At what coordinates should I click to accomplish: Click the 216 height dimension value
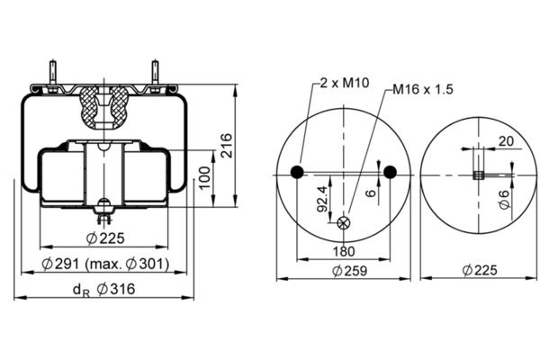[226, 145]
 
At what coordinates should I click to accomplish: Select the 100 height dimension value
[205, 177]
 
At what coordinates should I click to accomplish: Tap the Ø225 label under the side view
[105, 238]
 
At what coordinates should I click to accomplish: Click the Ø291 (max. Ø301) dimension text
[105, 264]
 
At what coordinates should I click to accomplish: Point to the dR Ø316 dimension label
[104, 290]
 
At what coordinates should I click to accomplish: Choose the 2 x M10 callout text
[345, 83]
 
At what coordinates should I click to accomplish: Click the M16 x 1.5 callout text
[423, 90]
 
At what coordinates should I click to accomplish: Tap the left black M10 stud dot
[297, 172]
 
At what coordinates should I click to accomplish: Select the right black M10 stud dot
[390, 172]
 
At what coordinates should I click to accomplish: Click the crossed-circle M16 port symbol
[344, 223]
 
